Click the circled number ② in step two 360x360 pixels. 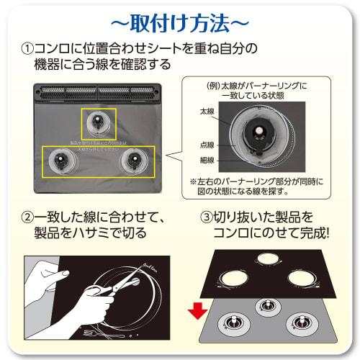(27, 216)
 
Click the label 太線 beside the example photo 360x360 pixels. (207, 114)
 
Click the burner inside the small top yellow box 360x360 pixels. (99, 124)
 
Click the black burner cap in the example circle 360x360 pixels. (255, 134)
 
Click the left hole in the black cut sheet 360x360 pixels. (233, 276)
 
